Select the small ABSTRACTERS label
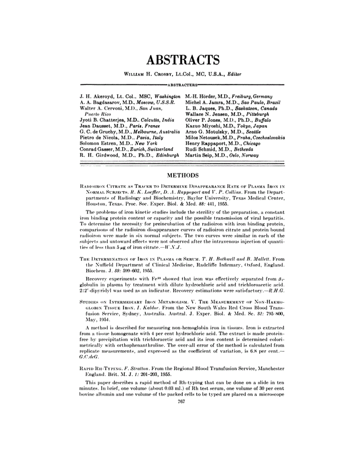[x=180, y=84]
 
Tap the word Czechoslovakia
[x=266, y=138]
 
